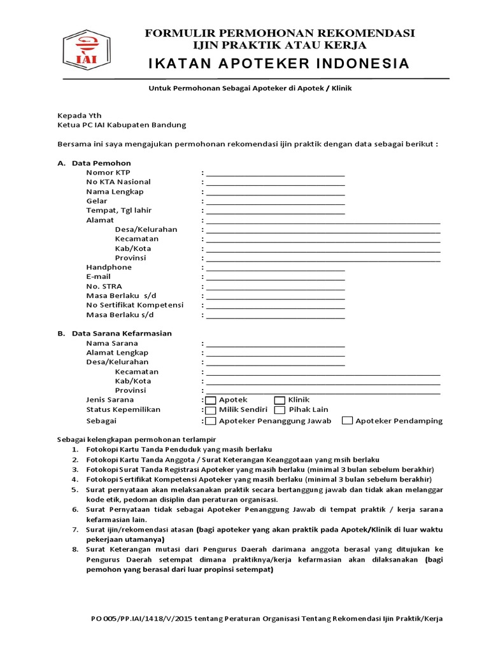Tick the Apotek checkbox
(x=211, y=400)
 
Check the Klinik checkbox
(x=280, y=400)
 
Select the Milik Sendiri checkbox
(x=211, y=410)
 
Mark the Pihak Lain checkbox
(x=280, y=410)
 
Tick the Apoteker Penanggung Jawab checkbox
(x=211, y=421)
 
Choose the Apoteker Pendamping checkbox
(x=347, y=421)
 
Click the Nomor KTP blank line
(x=275, y=173)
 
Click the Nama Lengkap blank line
(x=275, y=192)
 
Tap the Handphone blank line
(x=275, y=268)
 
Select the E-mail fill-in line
(x=275, y=278)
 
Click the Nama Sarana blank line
(x=275, y=344)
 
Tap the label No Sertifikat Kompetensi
(x=134, y=305)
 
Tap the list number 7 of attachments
(x=75, y=530)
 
